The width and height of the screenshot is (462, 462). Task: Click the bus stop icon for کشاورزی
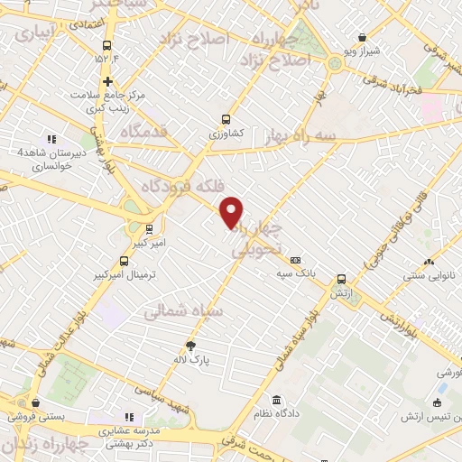226,118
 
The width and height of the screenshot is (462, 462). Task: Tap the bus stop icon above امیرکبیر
149,228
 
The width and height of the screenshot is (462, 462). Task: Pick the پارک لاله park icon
190,345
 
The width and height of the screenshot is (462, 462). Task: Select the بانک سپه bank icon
296,260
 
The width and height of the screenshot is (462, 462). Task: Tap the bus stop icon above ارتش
341,279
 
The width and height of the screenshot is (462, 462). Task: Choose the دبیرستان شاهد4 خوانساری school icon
51,139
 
